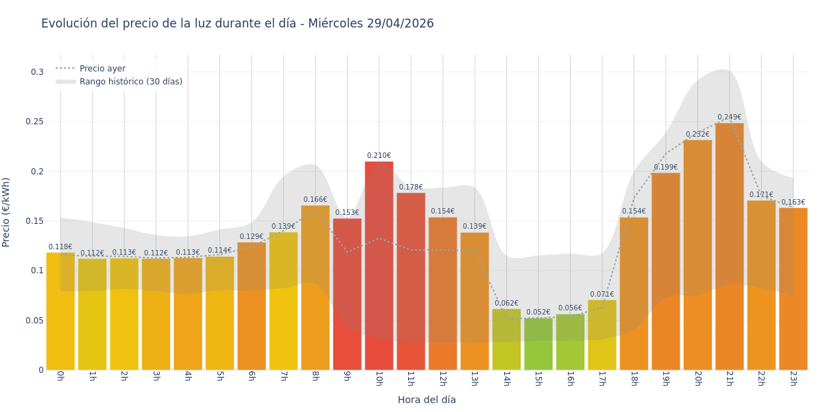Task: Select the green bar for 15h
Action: (538, 344)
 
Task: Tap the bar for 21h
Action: (729, 247)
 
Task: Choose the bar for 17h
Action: (602, 335)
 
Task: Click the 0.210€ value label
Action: (379, 156)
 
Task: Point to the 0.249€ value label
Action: (729, 117)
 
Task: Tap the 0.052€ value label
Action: (538, 312)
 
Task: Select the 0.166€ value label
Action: (315, 200)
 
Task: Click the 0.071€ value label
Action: (602, 295)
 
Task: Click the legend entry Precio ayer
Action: (102, 69)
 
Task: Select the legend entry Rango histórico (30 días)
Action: (130, 82)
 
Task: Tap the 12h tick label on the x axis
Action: (442, 378)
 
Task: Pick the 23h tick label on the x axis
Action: (793, 378)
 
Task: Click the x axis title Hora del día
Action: (427, 400)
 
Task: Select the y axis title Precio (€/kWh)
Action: (6, 212)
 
